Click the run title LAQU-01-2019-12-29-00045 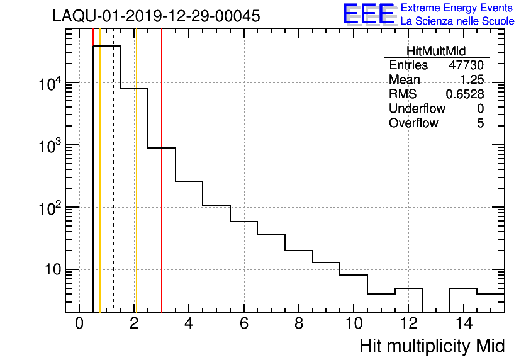[x=156, y=16]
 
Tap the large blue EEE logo [x=369, y=14]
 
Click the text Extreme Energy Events [x=457, y=8]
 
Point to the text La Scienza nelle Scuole [x=457, y=21]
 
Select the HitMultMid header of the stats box [x=436, y=52]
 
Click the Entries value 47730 [x=466, y=65]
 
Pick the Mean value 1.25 [x=471, y=80]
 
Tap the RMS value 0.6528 [x=465, y=94]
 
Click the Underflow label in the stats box [x=417, y=108]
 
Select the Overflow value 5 [x=480, y=123]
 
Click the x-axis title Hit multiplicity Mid [x=432, y=346]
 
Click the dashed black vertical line [x=113, y=189]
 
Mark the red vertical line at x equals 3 [x=162, y=189]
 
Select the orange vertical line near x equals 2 [x=136, y=189]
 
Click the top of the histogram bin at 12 [x=408, y=288]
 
